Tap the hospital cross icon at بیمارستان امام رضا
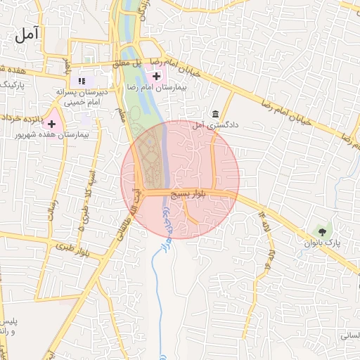click(x=156, y=75)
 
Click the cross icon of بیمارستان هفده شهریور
click(x=51, y=124)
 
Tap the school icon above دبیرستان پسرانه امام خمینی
click(x=82, y=81)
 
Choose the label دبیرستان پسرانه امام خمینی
click(x=85, y=97)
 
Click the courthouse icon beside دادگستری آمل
click(x=214, y=115)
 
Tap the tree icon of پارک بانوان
click(x=322, y=230)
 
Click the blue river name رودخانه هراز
click(x=167, y=225)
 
